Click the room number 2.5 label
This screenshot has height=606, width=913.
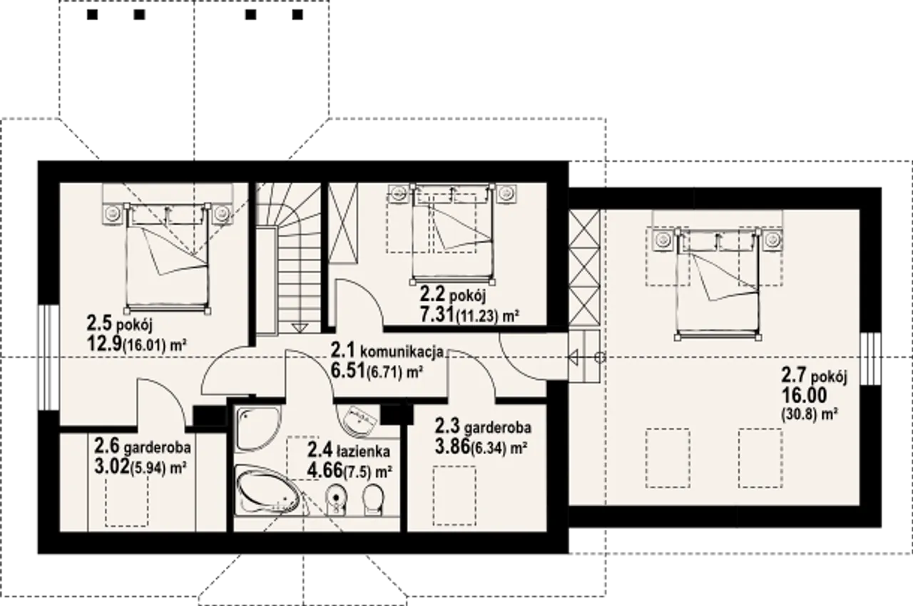point(99,324)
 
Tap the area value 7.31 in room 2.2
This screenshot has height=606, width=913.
point(437,314)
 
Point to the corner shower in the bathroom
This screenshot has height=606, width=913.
point(258,429)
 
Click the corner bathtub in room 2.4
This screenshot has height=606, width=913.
point(268,493)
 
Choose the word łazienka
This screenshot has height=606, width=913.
point(363,451)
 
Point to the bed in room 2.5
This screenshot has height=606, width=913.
point(167,259)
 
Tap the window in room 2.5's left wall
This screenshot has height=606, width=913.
point(49,358)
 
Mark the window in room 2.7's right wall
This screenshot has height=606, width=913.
point(871,359)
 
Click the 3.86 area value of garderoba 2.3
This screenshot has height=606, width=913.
point(452,447)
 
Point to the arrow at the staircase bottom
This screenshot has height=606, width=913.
point(300,328)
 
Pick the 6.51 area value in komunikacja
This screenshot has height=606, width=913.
point(347,371)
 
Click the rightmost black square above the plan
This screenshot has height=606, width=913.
point(298,15)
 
